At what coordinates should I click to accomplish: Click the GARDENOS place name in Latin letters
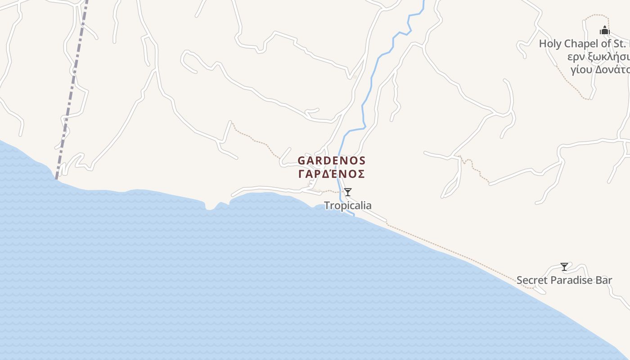332,161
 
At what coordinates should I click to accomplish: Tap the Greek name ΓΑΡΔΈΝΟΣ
332,174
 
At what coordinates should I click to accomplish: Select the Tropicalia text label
348,206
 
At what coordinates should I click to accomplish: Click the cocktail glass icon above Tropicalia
348,192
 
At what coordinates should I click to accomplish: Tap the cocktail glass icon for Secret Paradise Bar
564,266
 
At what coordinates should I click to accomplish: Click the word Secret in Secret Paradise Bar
532,280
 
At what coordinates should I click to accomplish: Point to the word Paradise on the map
571,280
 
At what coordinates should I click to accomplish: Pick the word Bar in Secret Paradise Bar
604,280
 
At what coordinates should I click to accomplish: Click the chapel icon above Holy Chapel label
604,31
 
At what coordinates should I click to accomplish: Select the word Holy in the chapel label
550,44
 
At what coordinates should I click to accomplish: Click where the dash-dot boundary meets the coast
56,179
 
